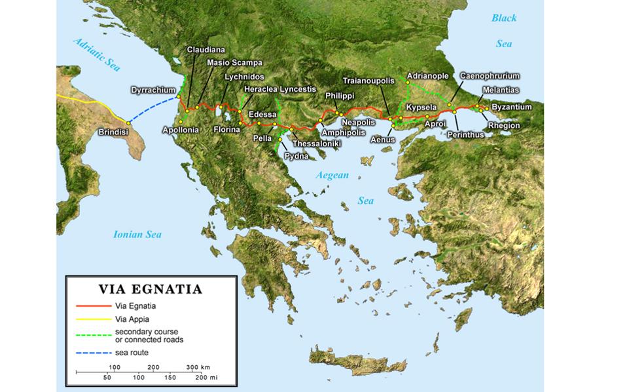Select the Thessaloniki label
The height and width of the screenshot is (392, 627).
point(315,144)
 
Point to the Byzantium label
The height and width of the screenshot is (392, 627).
point(511,107)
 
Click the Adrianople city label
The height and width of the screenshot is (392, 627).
point(427,76)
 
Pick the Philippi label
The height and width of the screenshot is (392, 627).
point(339,96)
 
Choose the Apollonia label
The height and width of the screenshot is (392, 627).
point(180,130)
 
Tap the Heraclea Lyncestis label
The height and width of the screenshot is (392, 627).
point(279,89)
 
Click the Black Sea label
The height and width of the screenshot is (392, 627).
point(504,30)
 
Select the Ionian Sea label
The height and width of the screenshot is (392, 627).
point(137,234)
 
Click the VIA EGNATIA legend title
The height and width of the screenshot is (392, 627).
point(150,289)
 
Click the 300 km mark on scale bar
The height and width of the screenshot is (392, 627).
point(197,366)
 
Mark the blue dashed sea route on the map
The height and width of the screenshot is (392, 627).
point(152,109)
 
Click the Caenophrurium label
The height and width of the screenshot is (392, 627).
point(490,76)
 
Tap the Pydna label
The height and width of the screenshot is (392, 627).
point(296,156)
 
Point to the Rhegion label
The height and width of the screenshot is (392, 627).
point(504,125)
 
